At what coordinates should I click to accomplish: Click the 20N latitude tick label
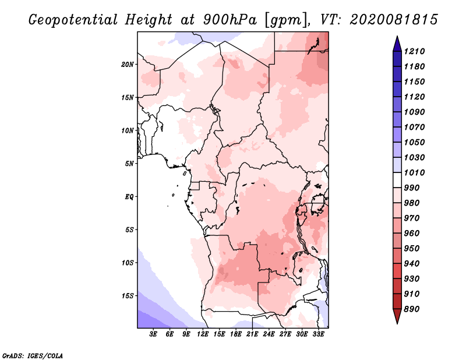coord(127,65)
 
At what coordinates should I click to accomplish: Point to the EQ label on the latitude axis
coord(129,197)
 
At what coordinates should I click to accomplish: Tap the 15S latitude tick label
coord(128,296)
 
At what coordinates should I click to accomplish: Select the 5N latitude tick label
coord(129,164)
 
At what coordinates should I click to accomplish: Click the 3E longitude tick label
coord(153,334)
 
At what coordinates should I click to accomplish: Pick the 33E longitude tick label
coord(318,334)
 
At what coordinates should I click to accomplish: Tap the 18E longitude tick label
coord(236,334)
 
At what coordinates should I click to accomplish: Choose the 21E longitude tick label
coord(252,334)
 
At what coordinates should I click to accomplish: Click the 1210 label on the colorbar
coord(414,51)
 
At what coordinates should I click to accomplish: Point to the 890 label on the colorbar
coord(412,309)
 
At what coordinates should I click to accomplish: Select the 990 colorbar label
coord(412,188)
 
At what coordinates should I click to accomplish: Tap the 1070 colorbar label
coord(414,127)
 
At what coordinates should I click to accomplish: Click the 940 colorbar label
coord(412,264)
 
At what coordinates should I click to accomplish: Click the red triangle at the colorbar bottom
coord(397,316)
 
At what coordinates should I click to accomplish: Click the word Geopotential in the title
coord(73,20)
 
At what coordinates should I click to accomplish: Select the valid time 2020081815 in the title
coord(394,20)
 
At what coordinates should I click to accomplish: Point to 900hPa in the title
coord(230,20)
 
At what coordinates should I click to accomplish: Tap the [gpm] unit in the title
coord(286,20)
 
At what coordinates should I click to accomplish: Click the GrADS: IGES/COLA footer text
coord(33,356)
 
